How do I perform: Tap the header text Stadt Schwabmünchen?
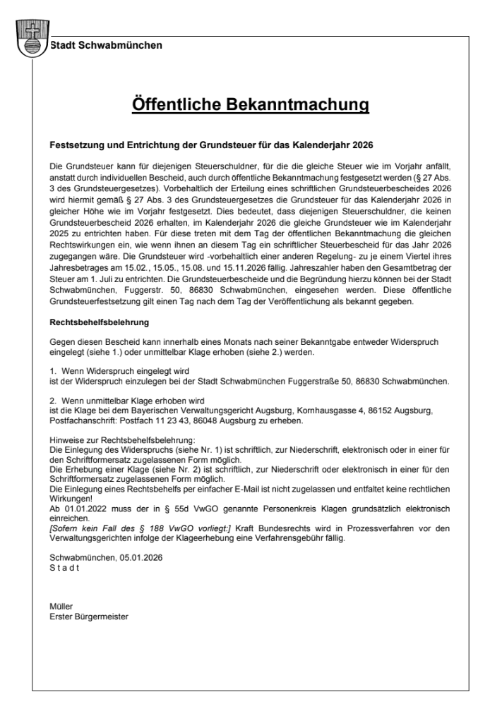[106, 46]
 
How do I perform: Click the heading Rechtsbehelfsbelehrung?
[99, 324]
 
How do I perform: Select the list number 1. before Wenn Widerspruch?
[54, 370]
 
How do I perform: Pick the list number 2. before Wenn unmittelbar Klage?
[54, 399]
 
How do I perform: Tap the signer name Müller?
[61, 605]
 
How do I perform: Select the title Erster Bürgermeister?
[89, 615]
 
